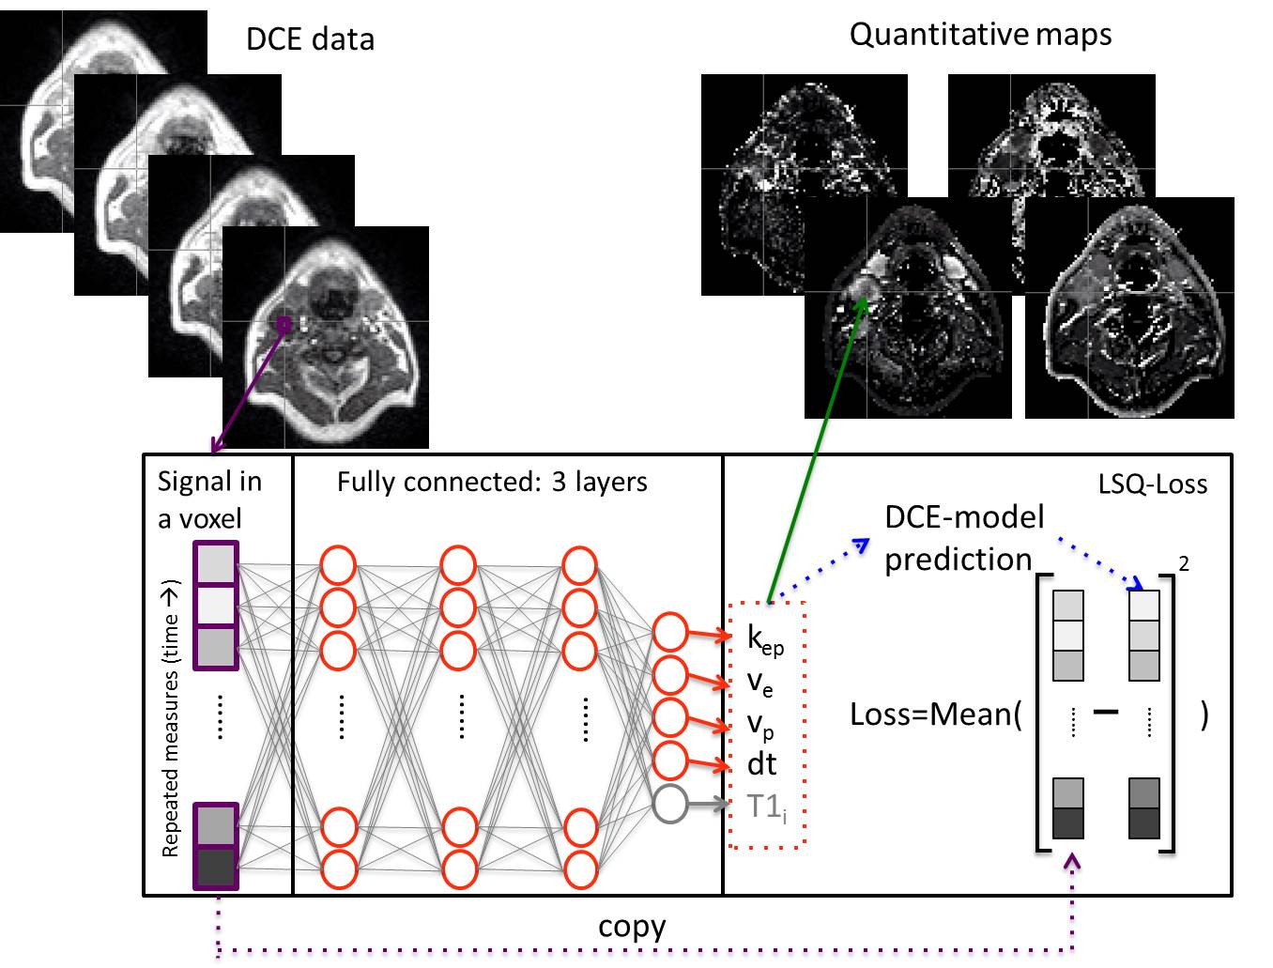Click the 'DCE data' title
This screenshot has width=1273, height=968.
tap(310, 39)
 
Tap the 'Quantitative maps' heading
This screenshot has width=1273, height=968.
tap(980, 35)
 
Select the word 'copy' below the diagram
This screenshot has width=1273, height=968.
tap(632, 927)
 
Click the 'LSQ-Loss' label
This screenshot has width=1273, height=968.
tap(1152, 484)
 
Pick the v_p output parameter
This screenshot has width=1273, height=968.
tap(759, 724)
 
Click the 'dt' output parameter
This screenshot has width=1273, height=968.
tap(761, 764)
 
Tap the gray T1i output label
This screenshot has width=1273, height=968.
tap(766, 806)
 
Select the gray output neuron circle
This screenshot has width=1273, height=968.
tap(670, 803)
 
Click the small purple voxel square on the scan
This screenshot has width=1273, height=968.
tap(284, 324)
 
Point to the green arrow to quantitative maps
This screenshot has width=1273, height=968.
tap(817, 451)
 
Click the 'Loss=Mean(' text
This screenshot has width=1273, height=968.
tap(935, 714)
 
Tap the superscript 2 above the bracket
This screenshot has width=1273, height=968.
tap(1185, 563)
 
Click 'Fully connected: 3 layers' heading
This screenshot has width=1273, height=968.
tap(492, 483)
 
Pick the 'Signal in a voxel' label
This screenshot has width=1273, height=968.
tap(208, 499)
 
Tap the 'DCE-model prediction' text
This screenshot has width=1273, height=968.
tap(962, 538)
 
